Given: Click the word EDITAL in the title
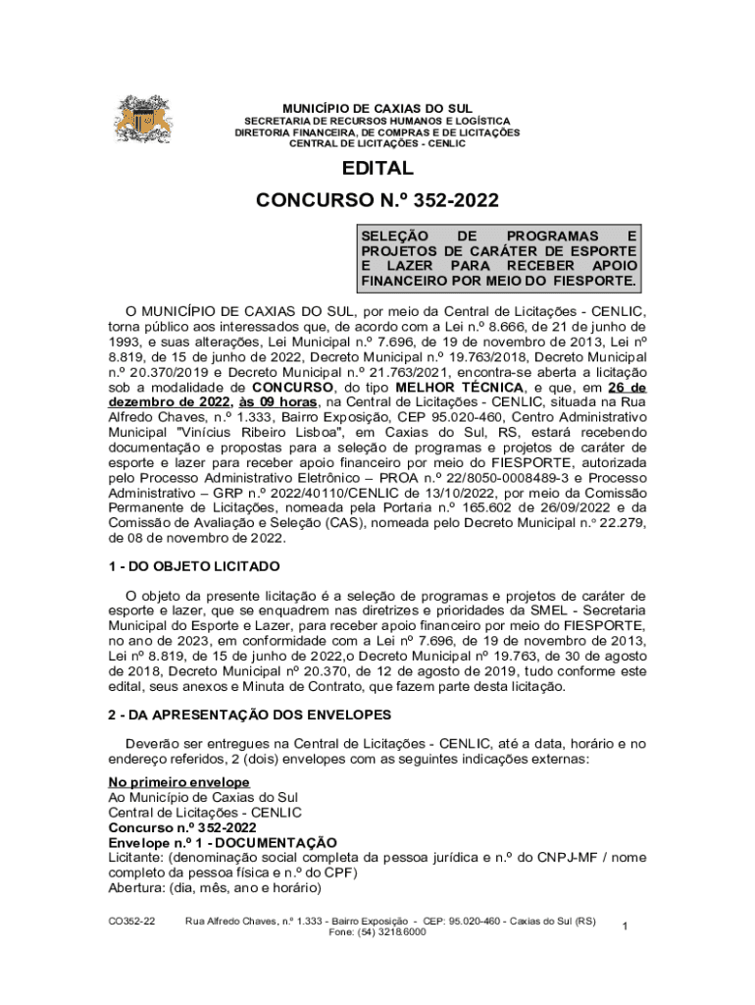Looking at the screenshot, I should (377, 169).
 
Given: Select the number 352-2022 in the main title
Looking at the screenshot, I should (447, 200).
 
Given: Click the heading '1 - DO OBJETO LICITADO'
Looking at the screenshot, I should (194, 567).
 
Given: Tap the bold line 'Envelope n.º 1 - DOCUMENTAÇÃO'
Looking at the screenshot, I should (222, 843).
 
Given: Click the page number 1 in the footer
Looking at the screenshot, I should (625, 926).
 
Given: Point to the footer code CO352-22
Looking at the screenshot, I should (131, 922).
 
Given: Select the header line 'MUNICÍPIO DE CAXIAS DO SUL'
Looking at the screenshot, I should (377, 108).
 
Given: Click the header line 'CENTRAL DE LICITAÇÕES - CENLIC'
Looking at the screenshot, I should (377, 143).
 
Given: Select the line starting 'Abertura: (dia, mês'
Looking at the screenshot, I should (215, 888).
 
